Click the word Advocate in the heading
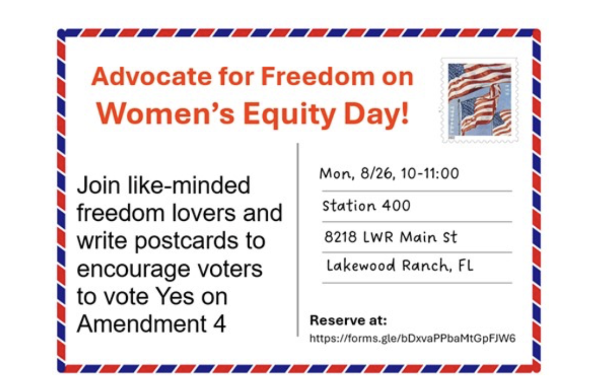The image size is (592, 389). click(x=151, y=76)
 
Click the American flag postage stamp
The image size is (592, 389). click(x=479, y=101)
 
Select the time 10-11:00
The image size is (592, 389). click(x=430, y=173)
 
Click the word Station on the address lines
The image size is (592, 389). click(x=349, y=206)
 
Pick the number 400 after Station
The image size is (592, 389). click(x=396, y=206)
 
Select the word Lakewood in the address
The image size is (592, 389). click(x=360, y=266)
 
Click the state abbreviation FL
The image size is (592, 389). click(x=465, y=266)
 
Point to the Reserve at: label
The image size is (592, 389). click(x=348, y=320)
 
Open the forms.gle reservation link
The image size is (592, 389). click(x=412, y=338)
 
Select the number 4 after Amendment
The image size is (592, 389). click(x=219, y=323)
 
